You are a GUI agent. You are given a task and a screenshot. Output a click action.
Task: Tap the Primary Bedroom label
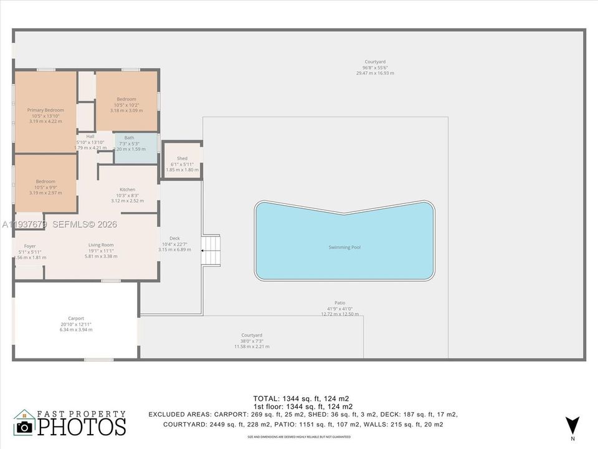(45, 110)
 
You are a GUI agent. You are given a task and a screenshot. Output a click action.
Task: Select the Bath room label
(129, 138)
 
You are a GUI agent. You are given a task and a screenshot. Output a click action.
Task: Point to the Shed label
(182, 158)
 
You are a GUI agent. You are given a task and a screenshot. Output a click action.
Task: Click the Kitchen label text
(127, 190)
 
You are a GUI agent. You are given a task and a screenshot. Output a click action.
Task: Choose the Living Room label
(100, 245)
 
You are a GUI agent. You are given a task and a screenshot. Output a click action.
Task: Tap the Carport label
(76, 318)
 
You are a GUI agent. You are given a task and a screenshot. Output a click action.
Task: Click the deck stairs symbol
(211, 249)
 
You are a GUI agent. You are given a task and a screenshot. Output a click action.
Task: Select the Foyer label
(30, 246)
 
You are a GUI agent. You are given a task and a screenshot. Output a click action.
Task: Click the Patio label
(339, 303)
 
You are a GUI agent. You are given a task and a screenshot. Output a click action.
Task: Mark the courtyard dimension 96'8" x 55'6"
(375, 67)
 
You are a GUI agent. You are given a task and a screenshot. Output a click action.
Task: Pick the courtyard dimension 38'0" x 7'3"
(252, 340)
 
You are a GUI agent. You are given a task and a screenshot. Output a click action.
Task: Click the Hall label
(90, 136)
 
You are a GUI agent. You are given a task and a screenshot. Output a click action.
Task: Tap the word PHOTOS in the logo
(81, 427)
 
